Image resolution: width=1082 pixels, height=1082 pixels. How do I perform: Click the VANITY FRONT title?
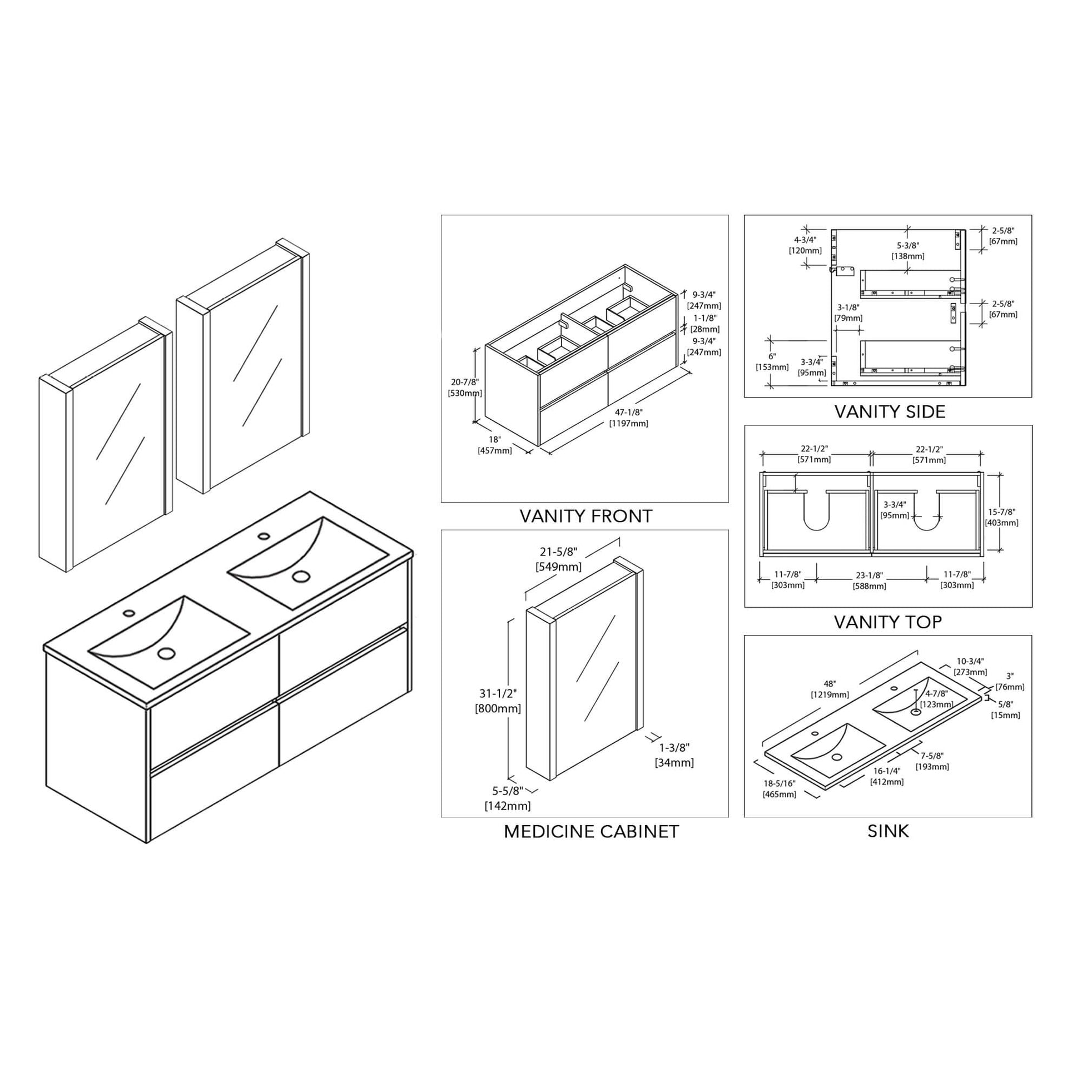coord(586,516)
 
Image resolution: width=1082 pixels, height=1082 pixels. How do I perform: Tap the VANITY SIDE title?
coord(890,411)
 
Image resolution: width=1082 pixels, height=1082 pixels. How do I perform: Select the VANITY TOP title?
coord(887,622)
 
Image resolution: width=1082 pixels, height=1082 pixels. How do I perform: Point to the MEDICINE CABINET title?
coord(592,832)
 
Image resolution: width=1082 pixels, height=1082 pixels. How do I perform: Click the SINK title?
coord(888,831)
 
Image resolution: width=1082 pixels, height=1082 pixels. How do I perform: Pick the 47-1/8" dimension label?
coord(628,412)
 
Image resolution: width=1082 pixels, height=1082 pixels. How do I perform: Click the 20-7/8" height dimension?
coord(465,382)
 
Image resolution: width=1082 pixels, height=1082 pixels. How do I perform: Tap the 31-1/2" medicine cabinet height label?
coord(498,693)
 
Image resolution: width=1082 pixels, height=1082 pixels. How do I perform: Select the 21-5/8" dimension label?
coord(558,552)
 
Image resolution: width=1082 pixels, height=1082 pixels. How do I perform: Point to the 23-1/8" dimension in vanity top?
coord(868,575)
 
